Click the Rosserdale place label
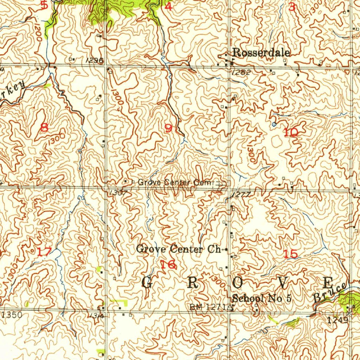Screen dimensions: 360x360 point(262,53)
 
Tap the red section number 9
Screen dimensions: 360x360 point(169,128)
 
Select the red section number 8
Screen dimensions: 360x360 point(44,127)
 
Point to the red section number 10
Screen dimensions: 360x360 point(291,133)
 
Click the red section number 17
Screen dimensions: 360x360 point(45,252)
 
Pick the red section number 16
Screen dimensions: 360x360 point(168,265)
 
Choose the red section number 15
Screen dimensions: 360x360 point(291,254)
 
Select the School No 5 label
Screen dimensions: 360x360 point(262,299)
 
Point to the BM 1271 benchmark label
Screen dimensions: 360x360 point(210,307)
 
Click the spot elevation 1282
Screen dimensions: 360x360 point(241,73)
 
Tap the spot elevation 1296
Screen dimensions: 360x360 point(94,60)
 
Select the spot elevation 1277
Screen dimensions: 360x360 point(241,195)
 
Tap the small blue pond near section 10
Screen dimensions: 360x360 point(274,124)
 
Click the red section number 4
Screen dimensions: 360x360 point(169,6)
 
